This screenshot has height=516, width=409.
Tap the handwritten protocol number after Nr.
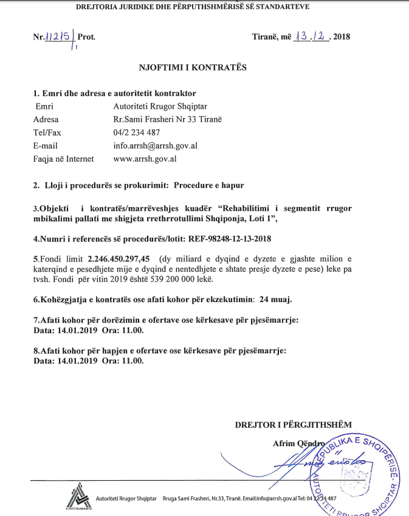click(x=61, y=37)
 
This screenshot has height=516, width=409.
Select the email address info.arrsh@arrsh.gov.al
click(x=155, y=146)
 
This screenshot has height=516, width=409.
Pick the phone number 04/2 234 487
click(x=137, y=132)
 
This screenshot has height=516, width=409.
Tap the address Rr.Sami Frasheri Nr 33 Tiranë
click(x=168, y=119)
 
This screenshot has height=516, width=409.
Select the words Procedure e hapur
click(x=209, y=185)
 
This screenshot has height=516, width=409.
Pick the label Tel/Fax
click(x=49, y=132)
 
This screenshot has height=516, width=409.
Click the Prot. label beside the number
click(x=86, y=37)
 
